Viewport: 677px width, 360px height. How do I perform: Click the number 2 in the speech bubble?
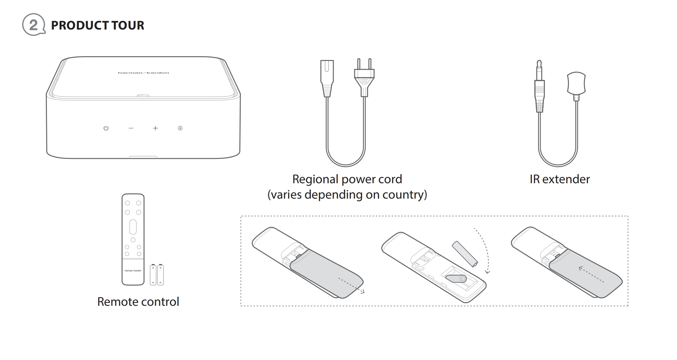click(33, 25)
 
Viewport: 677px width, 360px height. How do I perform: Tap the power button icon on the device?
click(106, 128)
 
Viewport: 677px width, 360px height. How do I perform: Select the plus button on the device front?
click(155, 128)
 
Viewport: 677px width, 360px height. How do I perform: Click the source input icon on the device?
click(180, 128)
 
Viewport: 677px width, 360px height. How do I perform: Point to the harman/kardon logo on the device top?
click(143, 73)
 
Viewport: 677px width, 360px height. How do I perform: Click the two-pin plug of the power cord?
click(364, 77)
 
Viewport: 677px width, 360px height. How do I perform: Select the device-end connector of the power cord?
click(327, 78)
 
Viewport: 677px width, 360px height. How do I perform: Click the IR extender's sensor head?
click(577, 85)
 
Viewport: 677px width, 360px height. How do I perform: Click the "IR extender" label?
click(560, 179)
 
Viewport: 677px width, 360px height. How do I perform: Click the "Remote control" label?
click(138, 302)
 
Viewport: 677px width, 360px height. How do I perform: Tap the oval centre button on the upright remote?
click(133, 227)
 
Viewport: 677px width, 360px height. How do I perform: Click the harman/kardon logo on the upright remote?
click(133, 270)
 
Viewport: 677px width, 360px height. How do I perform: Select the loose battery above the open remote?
click(465, 254)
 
